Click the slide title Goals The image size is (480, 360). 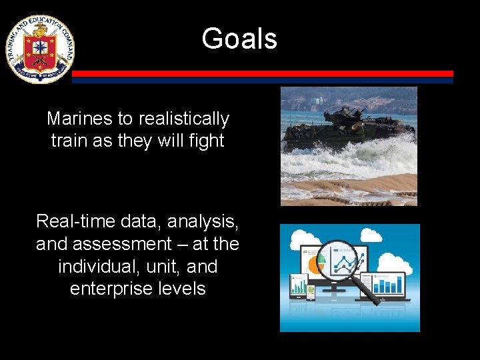point(239,39)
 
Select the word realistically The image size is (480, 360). point(181,119)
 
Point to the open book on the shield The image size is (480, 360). point(40,46)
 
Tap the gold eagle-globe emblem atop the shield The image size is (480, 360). point(40,29)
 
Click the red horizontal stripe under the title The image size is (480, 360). point(263,73)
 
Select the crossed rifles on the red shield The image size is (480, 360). point(40,62)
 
